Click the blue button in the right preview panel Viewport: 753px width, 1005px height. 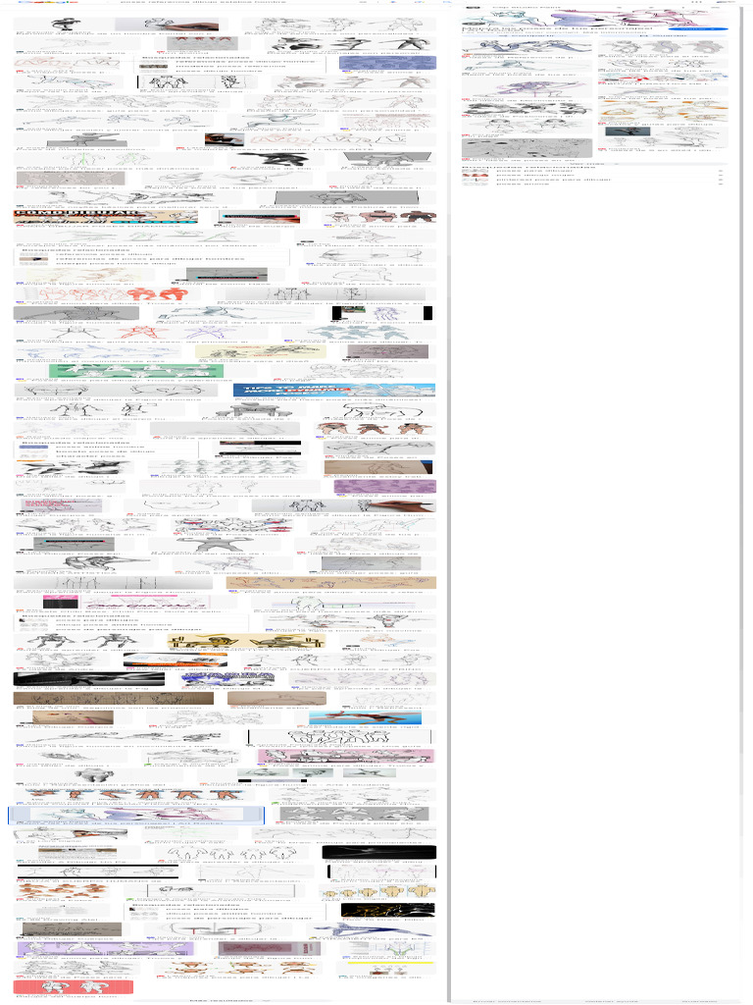click(x=697, y=28)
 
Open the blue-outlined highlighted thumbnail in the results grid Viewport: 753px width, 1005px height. click(x=136, y=815)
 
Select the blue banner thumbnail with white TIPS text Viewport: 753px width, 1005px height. click(x=334, y=390)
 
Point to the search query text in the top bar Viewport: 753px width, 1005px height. click(x=186, y=3)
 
